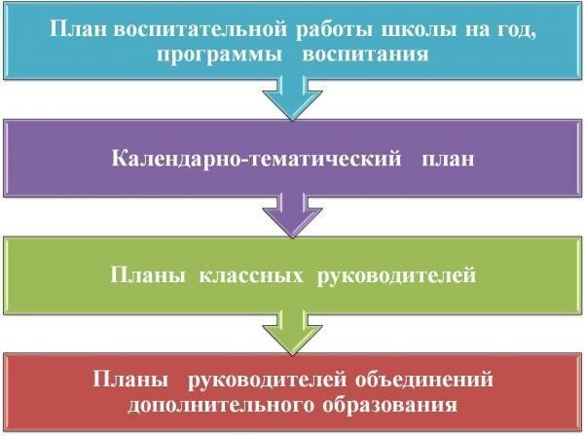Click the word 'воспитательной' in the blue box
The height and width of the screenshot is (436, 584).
click(201, 28)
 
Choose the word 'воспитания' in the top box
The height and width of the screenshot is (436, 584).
click(365, 54)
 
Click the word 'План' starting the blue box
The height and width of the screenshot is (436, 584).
click(78, 28)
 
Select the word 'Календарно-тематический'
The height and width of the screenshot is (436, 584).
click(257, 159)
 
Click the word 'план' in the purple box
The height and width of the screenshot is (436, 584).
click(448, 160)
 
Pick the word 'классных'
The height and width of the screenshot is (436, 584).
click(251, 275)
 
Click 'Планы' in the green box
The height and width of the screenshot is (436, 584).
click(148, 275)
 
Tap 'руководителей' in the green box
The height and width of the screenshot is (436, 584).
click(396, 276)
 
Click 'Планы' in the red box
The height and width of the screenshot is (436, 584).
click(130, 380)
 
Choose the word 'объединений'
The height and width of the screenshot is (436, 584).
click(424, 380)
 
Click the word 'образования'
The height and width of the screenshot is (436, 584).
click(390, 405)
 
